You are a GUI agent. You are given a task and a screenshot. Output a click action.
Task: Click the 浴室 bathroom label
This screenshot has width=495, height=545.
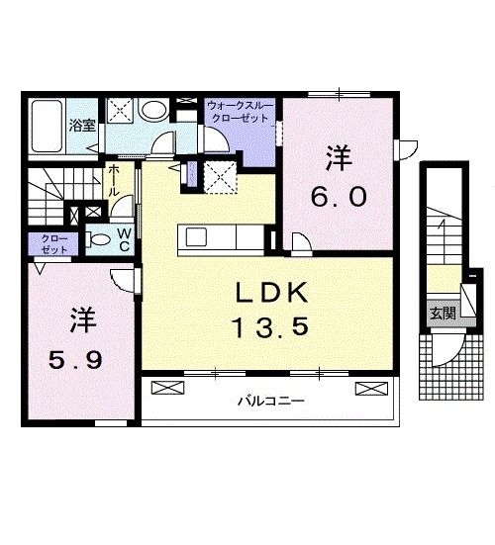click(82, 126)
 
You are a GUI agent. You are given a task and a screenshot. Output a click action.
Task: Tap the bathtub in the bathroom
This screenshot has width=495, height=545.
click(47, 127)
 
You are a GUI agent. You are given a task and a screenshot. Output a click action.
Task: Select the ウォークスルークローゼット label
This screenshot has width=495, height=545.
click(241, 112)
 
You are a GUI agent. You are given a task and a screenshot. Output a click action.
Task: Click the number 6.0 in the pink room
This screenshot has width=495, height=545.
click(339, 196)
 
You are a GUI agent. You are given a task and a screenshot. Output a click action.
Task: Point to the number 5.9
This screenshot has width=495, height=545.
click(75, 359)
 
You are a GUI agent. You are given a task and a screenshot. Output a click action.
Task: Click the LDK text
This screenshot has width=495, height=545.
click(272, 293)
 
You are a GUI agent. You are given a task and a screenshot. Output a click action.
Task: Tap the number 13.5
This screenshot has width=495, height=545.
click(271, 328)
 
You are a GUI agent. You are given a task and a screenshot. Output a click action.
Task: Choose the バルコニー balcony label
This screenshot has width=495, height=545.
click(271, 402)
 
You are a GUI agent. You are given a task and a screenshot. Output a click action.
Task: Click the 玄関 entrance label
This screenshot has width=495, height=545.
click(443, 314)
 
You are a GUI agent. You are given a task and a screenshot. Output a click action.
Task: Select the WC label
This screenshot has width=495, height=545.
click(124, 239)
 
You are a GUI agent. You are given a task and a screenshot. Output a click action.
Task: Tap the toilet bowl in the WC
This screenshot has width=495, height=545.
click(97, 239)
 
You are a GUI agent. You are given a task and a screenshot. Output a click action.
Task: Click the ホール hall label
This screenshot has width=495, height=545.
click(114, 180)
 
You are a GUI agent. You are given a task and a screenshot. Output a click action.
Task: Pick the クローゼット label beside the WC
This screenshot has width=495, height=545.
click(53, 244)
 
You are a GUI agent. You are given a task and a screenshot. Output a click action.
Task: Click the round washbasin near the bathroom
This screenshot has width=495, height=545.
click(153, 110)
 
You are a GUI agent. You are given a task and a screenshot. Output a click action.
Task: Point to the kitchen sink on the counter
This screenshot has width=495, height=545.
click(196, 237)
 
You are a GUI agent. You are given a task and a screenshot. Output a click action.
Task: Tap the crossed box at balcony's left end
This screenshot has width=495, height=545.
click(167, 388)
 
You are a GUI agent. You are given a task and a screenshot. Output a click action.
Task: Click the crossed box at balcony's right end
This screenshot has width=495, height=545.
click(371, 389)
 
